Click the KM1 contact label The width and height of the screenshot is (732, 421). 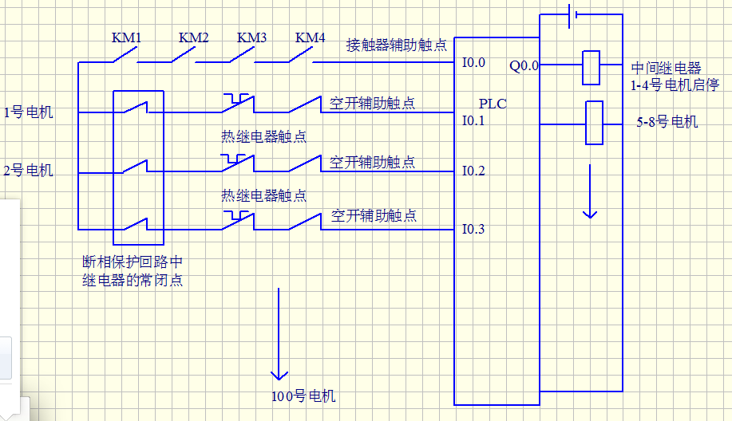126,37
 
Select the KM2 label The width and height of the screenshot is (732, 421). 193,37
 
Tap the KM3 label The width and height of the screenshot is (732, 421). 251,37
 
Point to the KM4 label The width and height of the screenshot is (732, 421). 310,37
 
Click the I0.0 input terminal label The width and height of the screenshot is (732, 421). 473,62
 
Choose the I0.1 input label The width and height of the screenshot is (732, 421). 473,121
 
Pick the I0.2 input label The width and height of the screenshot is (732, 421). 473,171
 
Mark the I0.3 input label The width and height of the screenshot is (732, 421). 473,230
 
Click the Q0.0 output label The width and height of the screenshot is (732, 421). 524,66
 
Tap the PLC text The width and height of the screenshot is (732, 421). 493,104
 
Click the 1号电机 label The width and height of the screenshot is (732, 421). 29,112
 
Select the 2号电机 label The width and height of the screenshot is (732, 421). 29,170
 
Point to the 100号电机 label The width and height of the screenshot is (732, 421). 303,396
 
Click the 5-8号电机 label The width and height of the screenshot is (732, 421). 667,122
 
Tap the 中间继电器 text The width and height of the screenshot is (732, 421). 666,69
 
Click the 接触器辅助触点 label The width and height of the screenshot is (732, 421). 397,45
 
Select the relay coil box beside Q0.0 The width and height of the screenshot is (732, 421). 591,68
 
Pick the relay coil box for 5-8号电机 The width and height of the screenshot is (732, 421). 595,123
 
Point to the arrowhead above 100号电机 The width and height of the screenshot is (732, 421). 279,374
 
